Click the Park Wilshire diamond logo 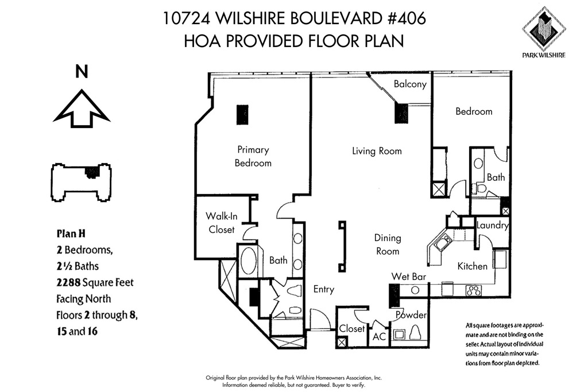pos(544,29)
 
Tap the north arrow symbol pos(82,108)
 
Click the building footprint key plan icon pos(81,183)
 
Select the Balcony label pos(410,84)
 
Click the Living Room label pos(377,150)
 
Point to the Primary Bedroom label pos(253,156)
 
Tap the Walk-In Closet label pos(222,223)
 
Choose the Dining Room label pos(388,244)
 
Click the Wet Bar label pos(409,277)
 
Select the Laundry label pos(492,225)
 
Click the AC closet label pos(379,336)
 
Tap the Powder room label pos(411,315)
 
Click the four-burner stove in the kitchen pos(473,290)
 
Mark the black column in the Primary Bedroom pos(242,115)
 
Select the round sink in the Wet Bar pos(415,290)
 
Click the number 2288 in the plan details pos(69,282)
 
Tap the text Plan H pos(71,234)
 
